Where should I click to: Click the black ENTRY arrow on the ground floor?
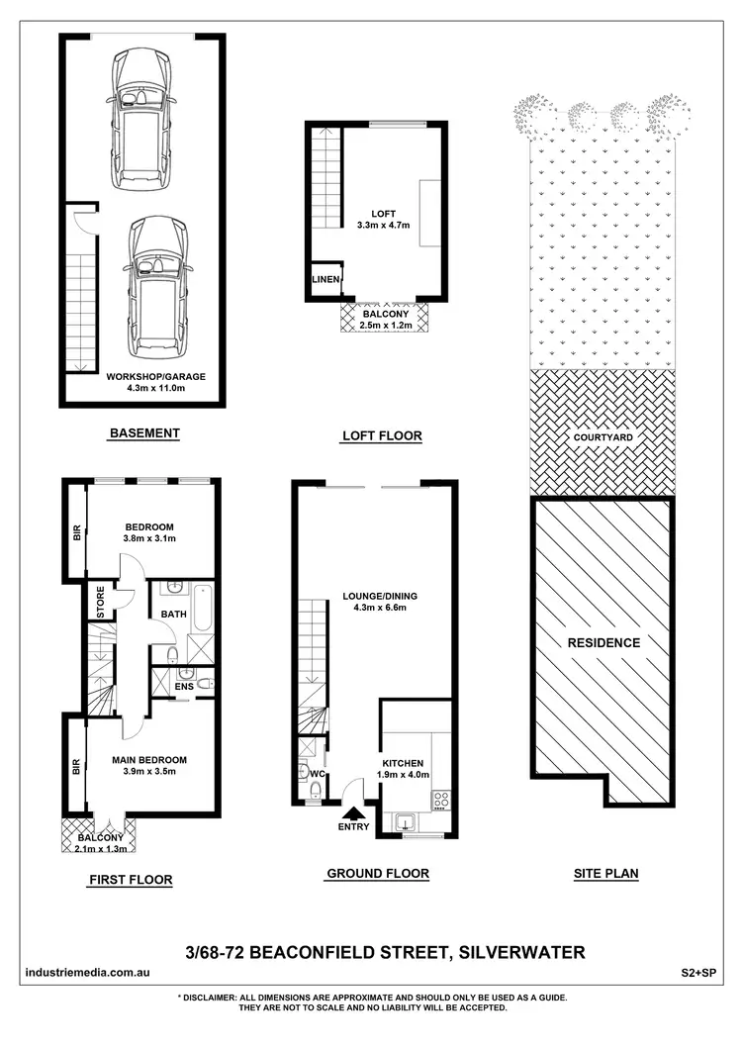pos(352,811)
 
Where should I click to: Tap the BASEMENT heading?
pos(144,432)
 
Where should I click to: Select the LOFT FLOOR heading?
pos(381,435)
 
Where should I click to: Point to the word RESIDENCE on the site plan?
pos(603,643)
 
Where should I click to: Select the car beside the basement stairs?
pos(158,287)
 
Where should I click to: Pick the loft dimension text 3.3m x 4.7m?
pos(382,226)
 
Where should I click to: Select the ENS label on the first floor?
pos(184,685)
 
